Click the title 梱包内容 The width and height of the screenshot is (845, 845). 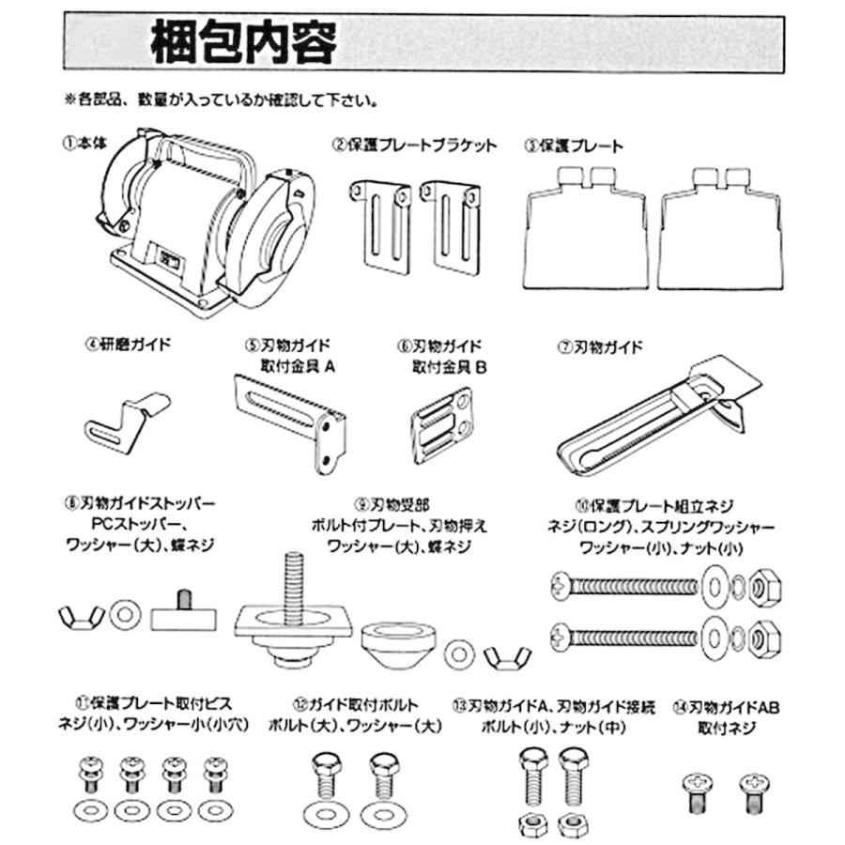[242, 44]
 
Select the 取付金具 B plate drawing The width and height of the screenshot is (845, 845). [441, 422]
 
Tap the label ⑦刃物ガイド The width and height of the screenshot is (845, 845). [600, 347]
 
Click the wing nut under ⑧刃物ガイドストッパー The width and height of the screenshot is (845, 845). [79, 616]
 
